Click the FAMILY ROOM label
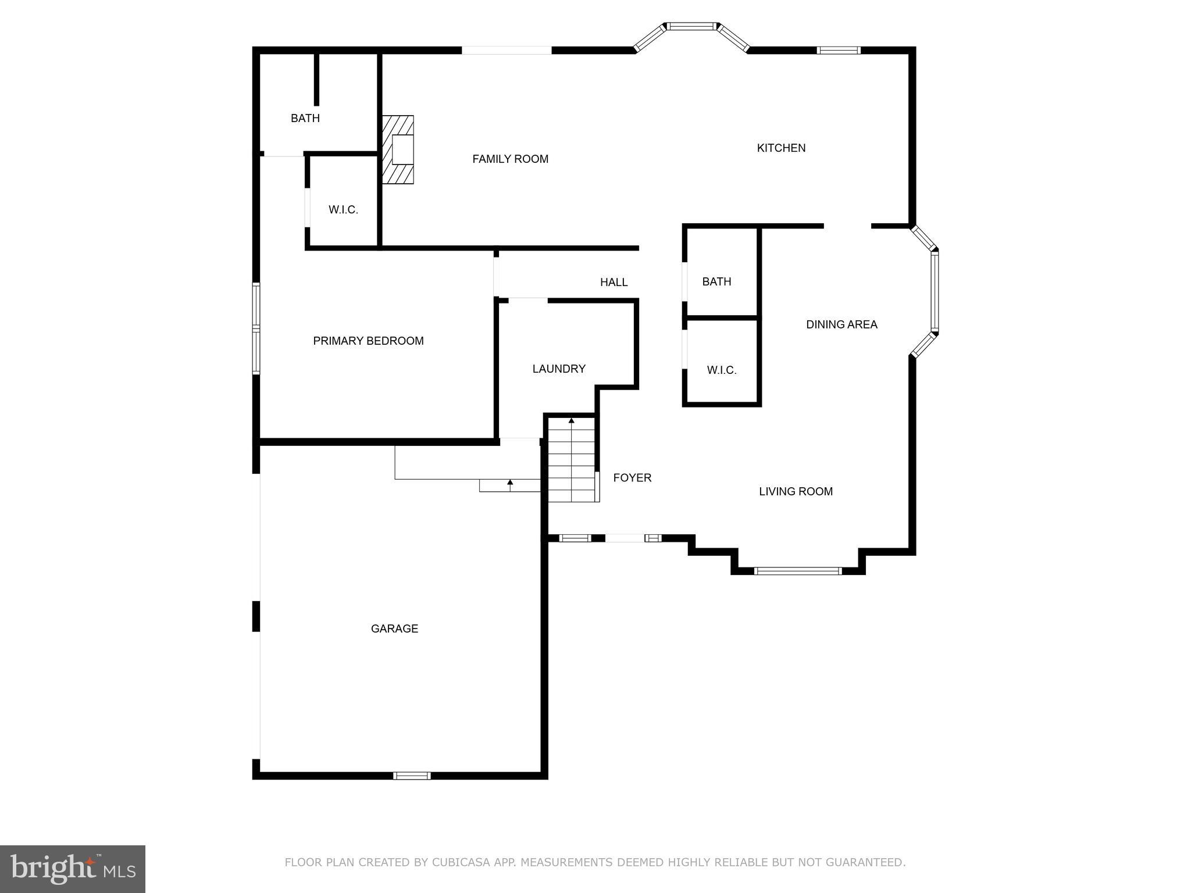pyautogui.click(x=510, y=159)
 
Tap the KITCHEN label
pyautogui.click(x=781, y=148)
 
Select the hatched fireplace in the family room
pyautogui.click(x=398, y=149)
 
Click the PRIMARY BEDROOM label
pyautogui.click(x=368, y=341)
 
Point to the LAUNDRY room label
pyautogui.click(x=558, y=369)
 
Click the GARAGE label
pyautogui.click(x=394, y=628)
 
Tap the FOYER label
pyautogui.click(x=632, y=477)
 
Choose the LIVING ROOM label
pyautogui.click(x=796, y=491)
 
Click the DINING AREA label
pyautogui.click(x=841, y=324)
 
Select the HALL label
pyautogui.click(x=614, y=282)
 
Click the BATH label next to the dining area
pyautogui.click(x=716, y=281)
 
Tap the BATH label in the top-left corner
pyautogui.click(x=305, y=118)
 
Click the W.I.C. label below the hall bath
pyautogui.click(x=722, y=370)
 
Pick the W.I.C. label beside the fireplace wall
pyautogui.click(x=343, y=210)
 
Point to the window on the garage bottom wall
pyautogui.click(x=412, y=775)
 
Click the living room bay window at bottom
pyautogui.click(x=797, y=571)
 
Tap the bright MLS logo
pyautogui.click(x=73, y=869)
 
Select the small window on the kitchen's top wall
pyautogui.click(x=838, y=51)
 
